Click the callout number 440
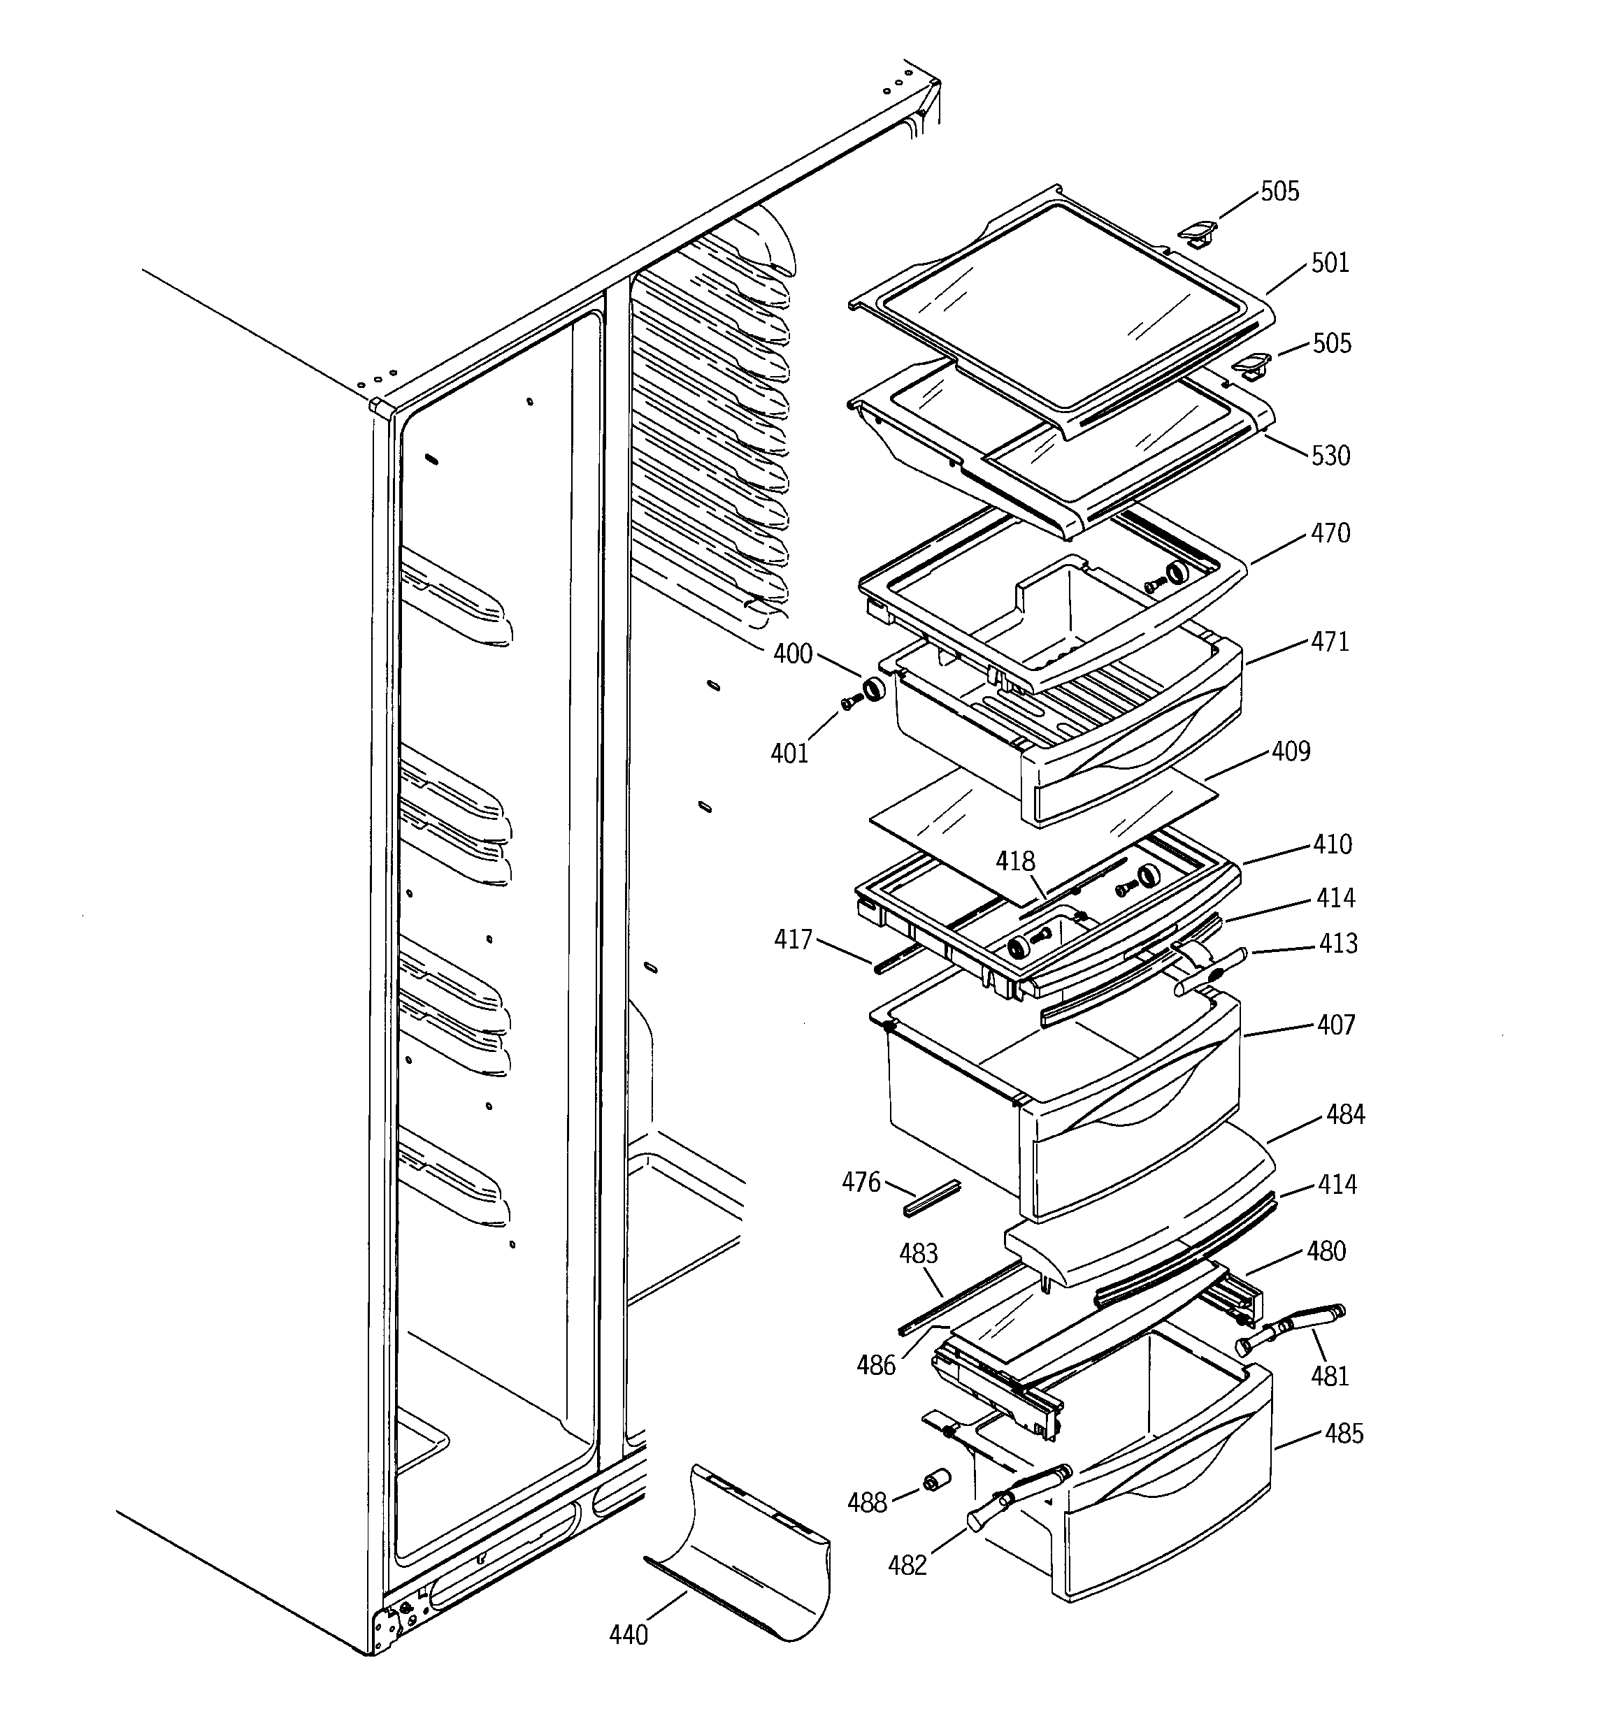(628, 1635)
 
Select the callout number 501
(1330, 263)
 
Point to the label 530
(1330, 455)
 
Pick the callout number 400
(792, 654)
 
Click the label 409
(1291, 751)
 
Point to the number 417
(792, 939)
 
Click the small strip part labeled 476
(931, 1198)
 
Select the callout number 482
(907, 1566)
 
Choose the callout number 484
(1345, 1114)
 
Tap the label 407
(1335, 1025)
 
